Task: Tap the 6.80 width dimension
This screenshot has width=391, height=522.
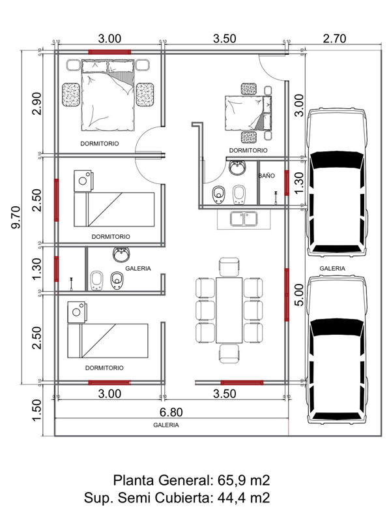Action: coord(171,412)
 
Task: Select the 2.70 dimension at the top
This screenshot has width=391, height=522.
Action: coord(334,38)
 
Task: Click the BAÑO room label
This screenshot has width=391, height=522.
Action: coord(267,176)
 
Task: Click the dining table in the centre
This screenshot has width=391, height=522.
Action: coord(229,310)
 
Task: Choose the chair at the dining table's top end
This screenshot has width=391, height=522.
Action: coord(229,267)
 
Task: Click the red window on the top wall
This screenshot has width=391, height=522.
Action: coord(109,51)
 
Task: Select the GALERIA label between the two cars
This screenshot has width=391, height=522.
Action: coord(332,268)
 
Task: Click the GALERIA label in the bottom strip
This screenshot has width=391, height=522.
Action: coord(166,425)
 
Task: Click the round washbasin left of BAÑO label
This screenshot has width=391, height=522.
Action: coord(237,168)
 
